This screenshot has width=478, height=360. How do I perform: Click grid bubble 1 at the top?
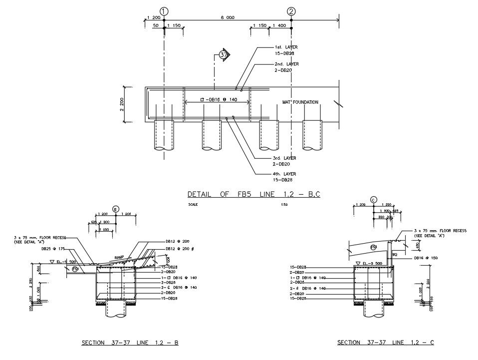click(x=164, y=11)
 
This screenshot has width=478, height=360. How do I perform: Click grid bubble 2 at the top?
click(x=291, y=11)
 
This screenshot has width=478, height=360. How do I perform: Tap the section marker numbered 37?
click(x=224, y=55)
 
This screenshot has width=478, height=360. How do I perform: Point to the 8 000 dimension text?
click(x=227, y=17)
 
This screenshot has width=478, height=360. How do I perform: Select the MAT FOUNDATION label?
click(x=300, y=102)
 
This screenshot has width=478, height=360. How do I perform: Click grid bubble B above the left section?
click(x=115, y=209)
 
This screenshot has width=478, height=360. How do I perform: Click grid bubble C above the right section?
click(x=373, y=200)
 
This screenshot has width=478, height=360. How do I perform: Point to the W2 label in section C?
click(x=394, y=254)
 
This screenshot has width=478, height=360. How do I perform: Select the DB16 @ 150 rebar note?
click(x=426, y=258)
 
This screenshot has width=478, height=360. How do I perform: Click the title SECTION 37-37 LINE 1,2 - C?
click(x=385, y=343)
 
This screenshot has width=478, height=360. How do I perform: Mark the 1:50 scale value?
click(x=284, y=204)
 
